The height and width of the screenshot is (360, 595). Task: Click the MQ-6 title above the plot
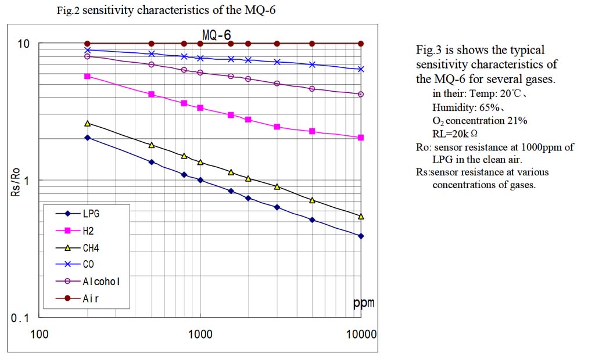click(216, 35)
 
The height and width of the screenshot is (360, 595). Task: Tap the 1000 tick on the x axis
click(200, 334)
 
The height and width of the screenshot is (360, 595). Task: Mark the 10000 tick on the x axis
click(361, 334)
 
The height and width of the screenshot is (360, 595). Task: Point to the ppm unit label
click(363, 303)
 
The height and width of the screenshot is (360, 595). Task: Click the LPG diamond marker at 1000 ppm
click(200, 180)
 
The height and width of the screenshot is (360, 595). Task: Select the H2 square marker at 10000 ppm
click(361, 138)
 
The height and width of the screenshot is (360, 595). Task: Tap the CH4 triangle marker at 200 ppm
click(88, 124)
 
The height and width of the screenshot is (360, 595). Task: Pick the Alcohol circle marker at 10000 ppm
click(361, 94)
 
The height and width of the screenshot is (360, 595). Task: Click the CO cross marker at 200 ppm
click(88, 51)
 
